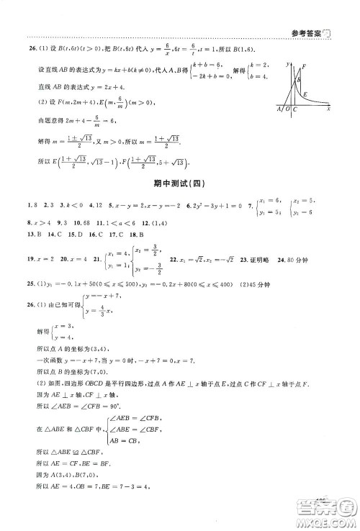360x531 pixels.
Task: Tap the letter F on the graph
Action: coord(305,67)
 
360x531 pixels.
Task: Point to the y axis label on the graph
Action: coord(287,65)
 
